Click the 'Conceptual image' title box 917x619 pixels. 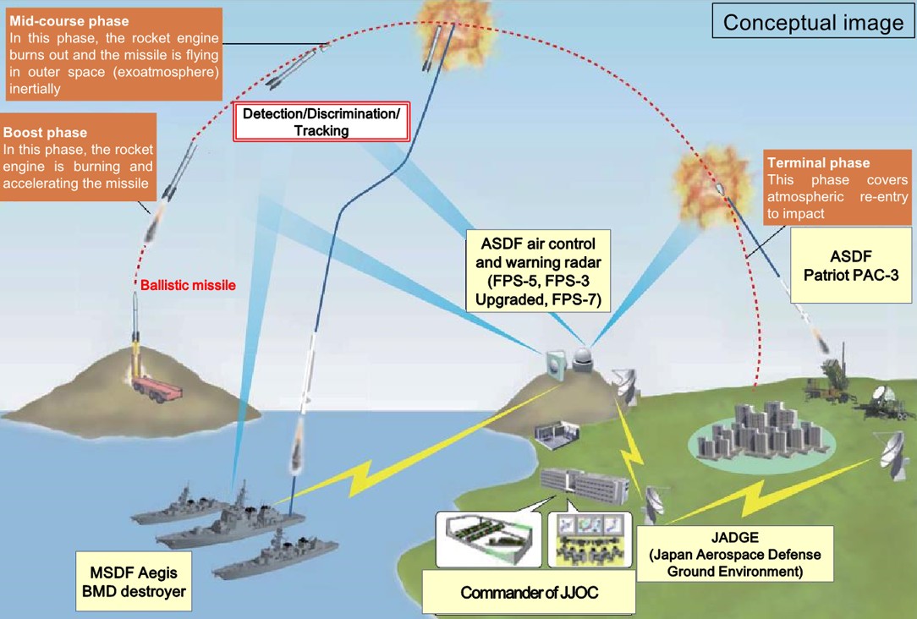tap(813, 23)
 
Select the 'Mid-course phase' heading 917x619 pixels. tap(69, 21)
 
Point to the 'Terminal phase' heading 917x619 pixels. tap(818, 162)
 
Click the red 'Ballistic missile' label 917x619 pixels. tap(187, 286)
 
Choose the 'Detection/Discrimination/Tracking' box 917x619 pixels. tap(321, 122)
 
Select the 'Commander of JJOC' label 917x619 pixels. tap(530, 593)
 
